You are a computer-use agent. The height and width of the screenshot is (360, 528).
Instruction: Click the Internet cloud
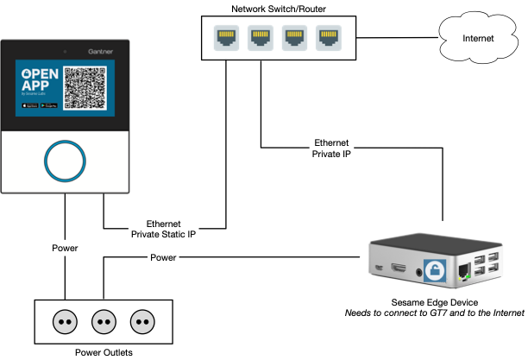479,38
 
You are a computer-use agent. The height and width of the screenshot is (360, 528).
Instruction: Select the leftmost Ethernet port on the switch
227,38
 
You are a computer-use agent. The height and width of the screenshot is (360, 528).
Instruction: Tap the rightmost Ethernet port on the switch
328,38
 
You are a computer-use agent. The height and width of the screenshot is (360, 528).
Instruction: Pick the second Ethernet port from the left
261,38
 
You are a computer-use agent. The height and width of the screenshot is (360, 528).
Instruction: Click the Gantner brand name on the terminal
103,51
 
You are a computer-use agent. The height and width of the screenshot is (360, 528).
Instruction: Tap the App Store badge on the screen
29,106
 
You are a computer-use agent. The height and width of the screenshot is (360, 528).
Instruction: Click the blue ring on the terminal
65,161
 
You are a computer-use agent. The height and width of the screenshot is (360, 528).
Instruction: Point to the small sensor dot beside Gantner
65,51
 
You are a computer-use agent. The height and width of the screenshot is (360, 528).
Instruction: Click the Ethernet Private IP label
332,148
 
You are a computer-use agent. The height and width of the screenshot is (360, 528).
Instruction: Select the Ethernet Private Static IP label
164,228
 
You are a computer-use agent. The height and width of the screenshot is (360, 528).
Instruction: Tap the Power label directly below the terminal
65,249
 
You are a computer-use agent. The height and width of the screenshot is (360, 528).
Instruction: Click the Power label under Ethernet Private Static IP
163,257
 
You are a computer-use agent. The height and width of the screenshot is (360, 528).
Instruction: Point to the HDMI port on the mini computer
399,270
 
